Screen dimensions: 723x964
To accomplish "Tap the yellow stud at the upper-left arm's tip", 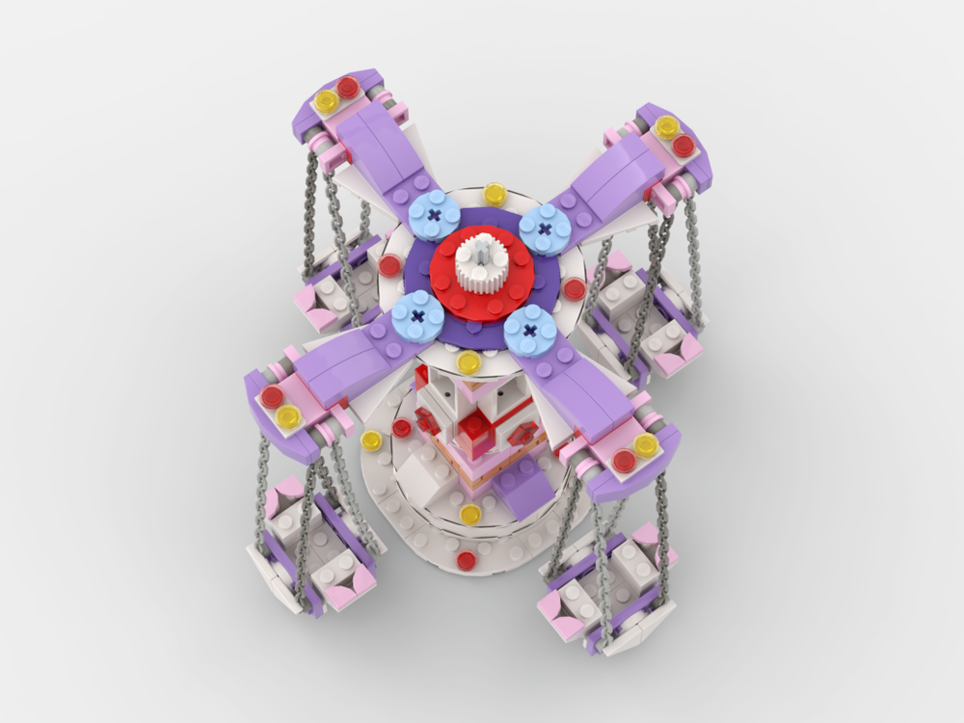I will point(326,100).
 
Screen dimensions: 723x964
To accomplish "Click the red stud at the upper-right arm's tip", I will point(683,146).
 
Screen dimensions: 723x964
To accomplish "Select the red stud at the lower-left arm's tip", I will point(271,395).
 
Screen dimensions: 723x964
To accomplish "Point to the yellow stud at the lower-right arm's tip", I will point(645,444).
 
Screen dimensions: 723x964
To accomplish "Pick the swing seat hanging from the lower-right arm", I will point(605,588).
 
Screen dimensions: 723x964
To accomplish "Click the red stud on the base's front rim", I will point(467,561).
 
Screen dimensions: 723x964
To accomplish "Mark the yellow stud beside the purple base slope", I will point(470,515).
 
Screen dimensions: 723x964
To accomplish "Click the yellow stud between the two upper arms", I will point(495,193).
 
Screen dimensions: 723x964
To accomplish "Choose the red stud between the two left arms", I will point(388,265).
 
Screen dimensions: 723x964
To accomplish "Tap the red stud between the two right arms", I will point(574,288).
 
